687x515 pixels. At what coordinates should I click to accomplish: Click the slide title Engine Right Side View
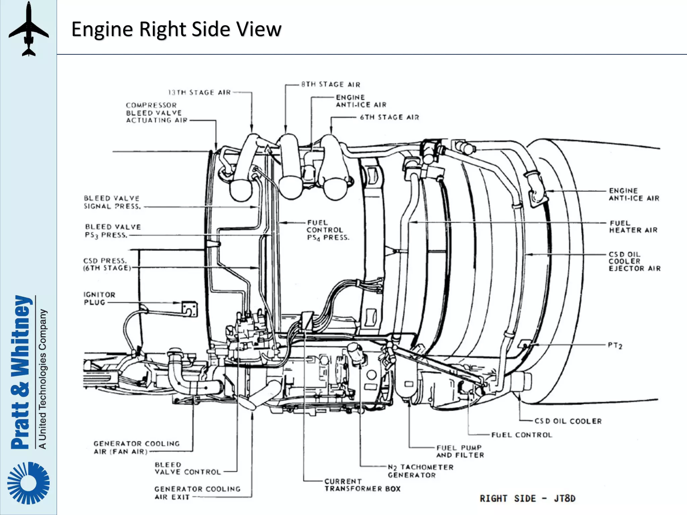(x=176, y=29)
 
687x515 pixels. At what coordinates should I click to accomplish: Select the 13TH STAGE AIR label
(x=199, y=93)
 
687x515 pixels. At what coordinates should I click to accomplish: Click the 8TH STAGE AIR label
(x=330, y=84)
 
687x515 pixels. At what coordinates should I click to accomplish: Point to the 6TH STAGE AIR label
(x=389, y=117)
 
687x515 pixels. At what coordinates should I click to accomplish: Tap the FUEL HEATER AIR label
(x=633, y=227)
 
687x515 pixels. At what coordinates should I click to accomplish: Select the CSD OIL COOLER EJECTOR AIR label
(x=634, y=261)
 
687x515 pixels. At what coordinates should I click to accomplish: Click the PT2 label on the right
(x=615, y=345)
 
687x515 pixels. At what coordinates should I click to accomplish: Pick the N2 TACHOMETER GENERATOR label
(x=420, y=471)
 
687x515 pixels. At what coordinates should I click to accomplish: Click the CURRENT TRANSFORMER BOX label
(x=362, y=485)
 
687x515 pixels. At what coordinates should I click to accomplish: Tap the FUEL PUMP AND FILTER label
(x=460, y=451)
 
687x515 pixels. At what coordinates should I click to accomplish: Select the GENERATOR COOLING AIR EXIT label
(x=197, y=493)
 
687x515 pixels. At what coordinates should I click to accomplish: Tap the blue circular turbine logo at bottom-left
(x=29, y=483)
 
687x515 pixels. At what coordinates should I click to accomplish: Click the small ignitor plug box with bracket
(x=190, y=309)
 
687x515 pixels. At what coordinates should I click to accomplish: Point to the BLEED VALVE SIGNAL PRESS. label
(x=112, y=202)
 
